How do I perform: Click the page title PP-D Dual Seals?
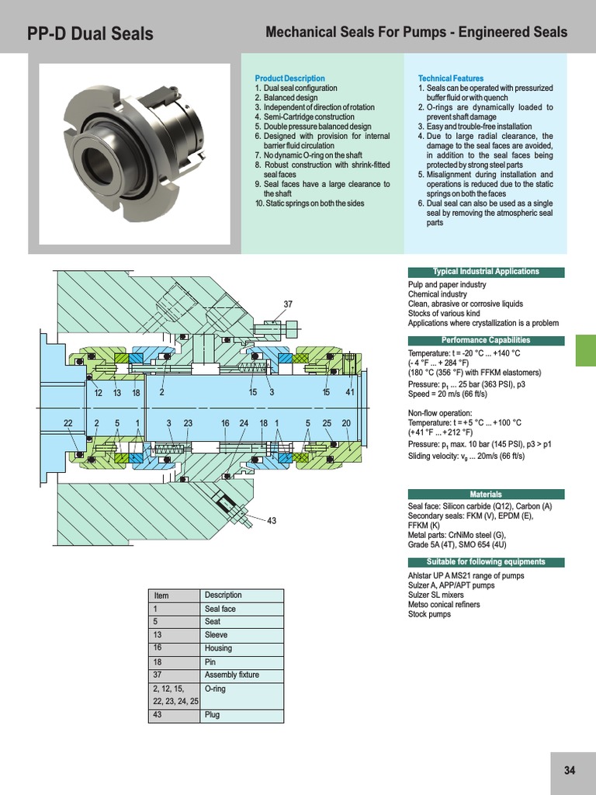pos(90,34)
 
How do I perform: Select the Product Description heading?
pos(289,78)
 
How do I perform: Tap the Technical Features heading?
pos(450,78)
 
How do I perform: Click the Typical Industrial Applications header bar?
pos(486,272)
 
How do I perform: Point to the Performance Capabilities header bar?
pos(486,340)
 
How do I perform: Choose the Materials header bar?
pos(486,494)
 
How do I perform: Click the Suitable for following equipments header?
pos(486,562)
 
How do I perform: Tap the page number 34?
pos(570,771)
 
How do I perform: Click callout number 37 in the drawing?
pos(288,304)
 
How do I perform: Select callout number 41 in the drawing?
pos(350,393)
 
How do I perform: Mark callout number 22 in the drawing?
pos(68,423)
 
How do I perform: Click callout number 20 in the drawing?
pos(346,423)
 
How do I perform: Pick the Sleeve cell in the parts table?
pos(216,635)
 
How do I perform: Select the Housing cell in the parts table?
pos(217,648)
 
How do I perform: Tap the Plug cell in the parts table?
pos(212,715)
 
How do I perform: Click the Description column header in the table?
pos(223,595)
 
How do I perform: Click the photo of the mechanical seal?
pos(135,141)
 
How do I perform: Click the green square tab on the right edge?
pos(585,351)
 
